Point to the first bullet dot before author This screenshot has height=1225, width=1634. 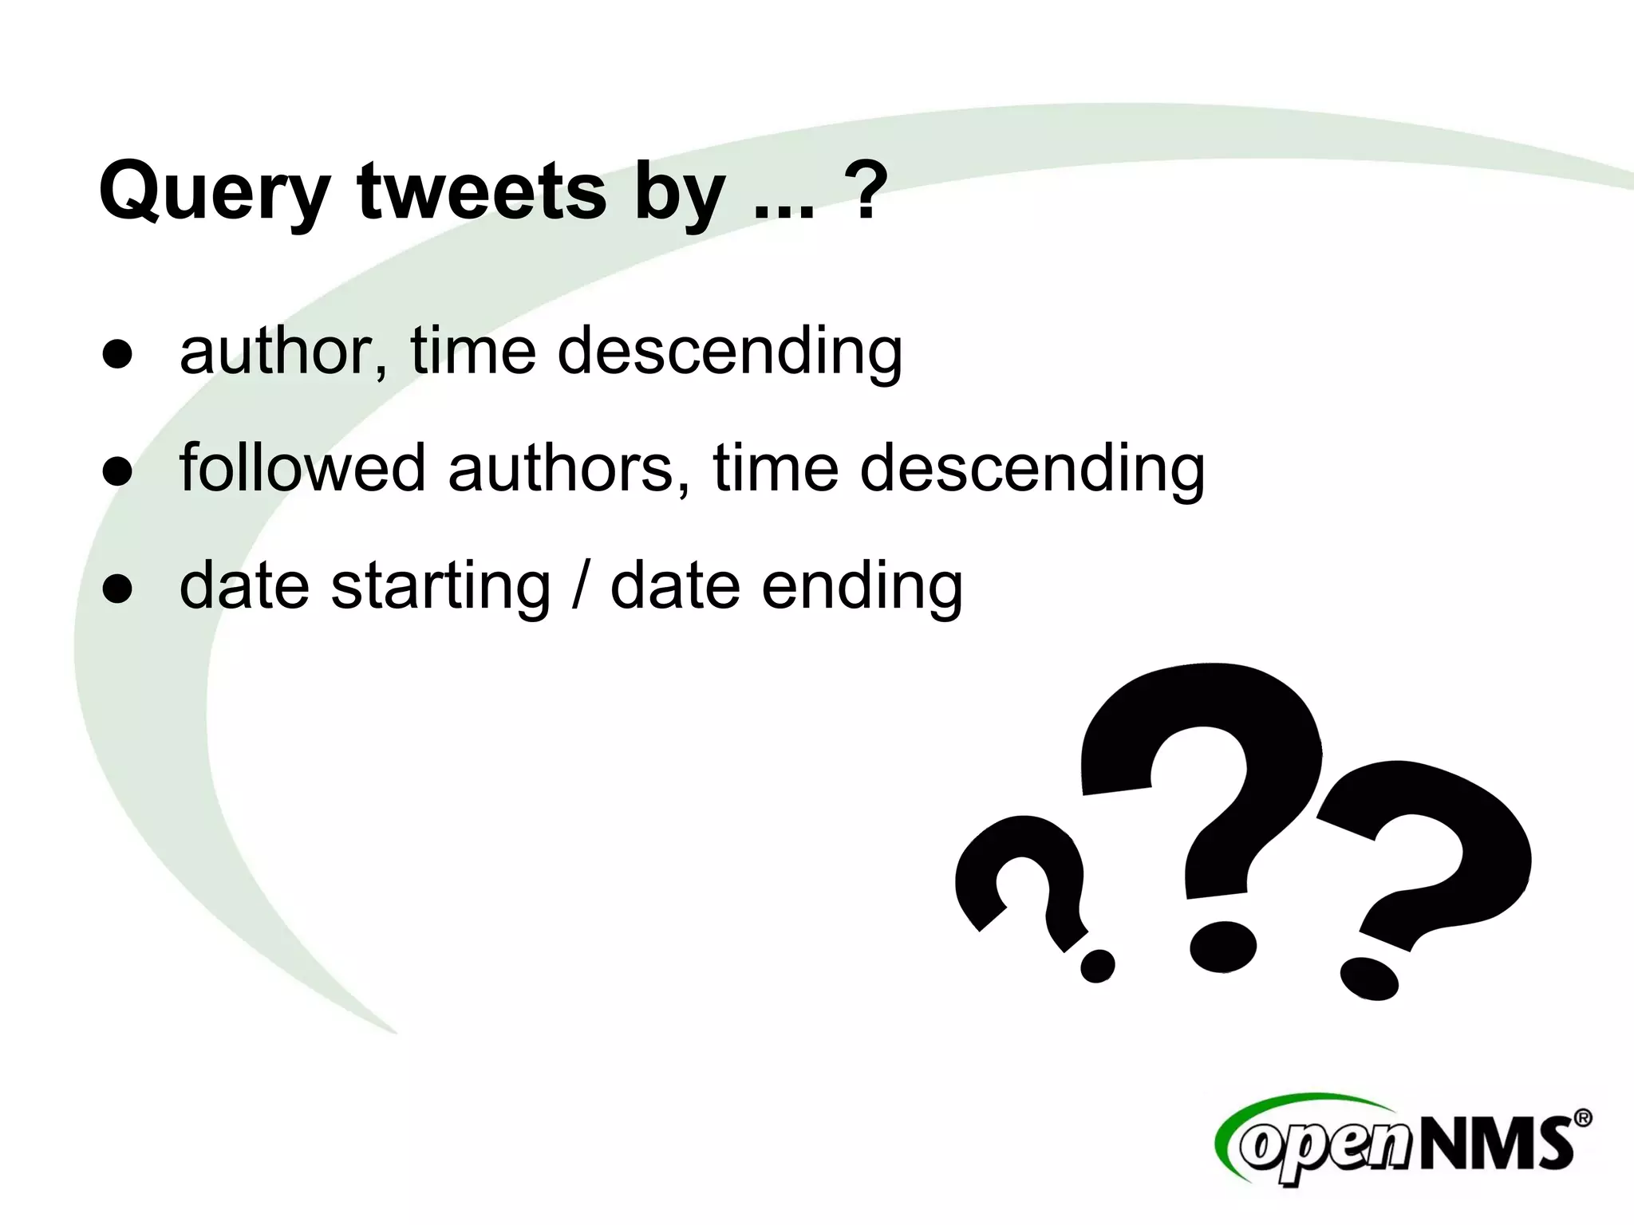click(117, 354)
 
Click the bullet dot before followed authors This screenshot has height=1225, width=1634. click(117, 471)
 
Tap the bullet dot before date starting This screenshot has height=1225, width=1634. click(117, 589)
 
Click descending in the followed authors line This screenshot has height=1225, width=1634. click(1032, 470)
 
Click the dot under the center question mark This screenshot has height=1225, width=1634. click(1222, 947)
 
